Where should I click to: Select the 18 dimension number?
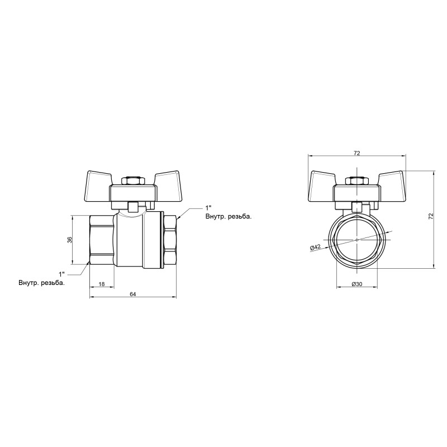point(102,284)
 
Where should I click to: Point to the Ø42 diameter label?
point(314,248)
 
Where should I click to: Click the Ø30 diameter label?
point(357,284)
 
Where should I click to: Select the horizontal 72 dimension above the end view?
point(357,153)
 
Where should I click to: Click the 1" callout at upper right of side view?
point(209,208)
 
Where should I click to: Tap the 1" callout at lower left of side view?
point(62,274)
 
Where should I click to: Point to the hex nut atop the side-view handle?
point(134,181)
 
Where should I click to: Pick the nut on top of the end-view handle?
point(357,181)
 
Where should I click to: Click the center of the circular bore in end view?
point(357,240)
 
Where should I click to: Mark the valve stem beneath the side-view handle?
point(134,206)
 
